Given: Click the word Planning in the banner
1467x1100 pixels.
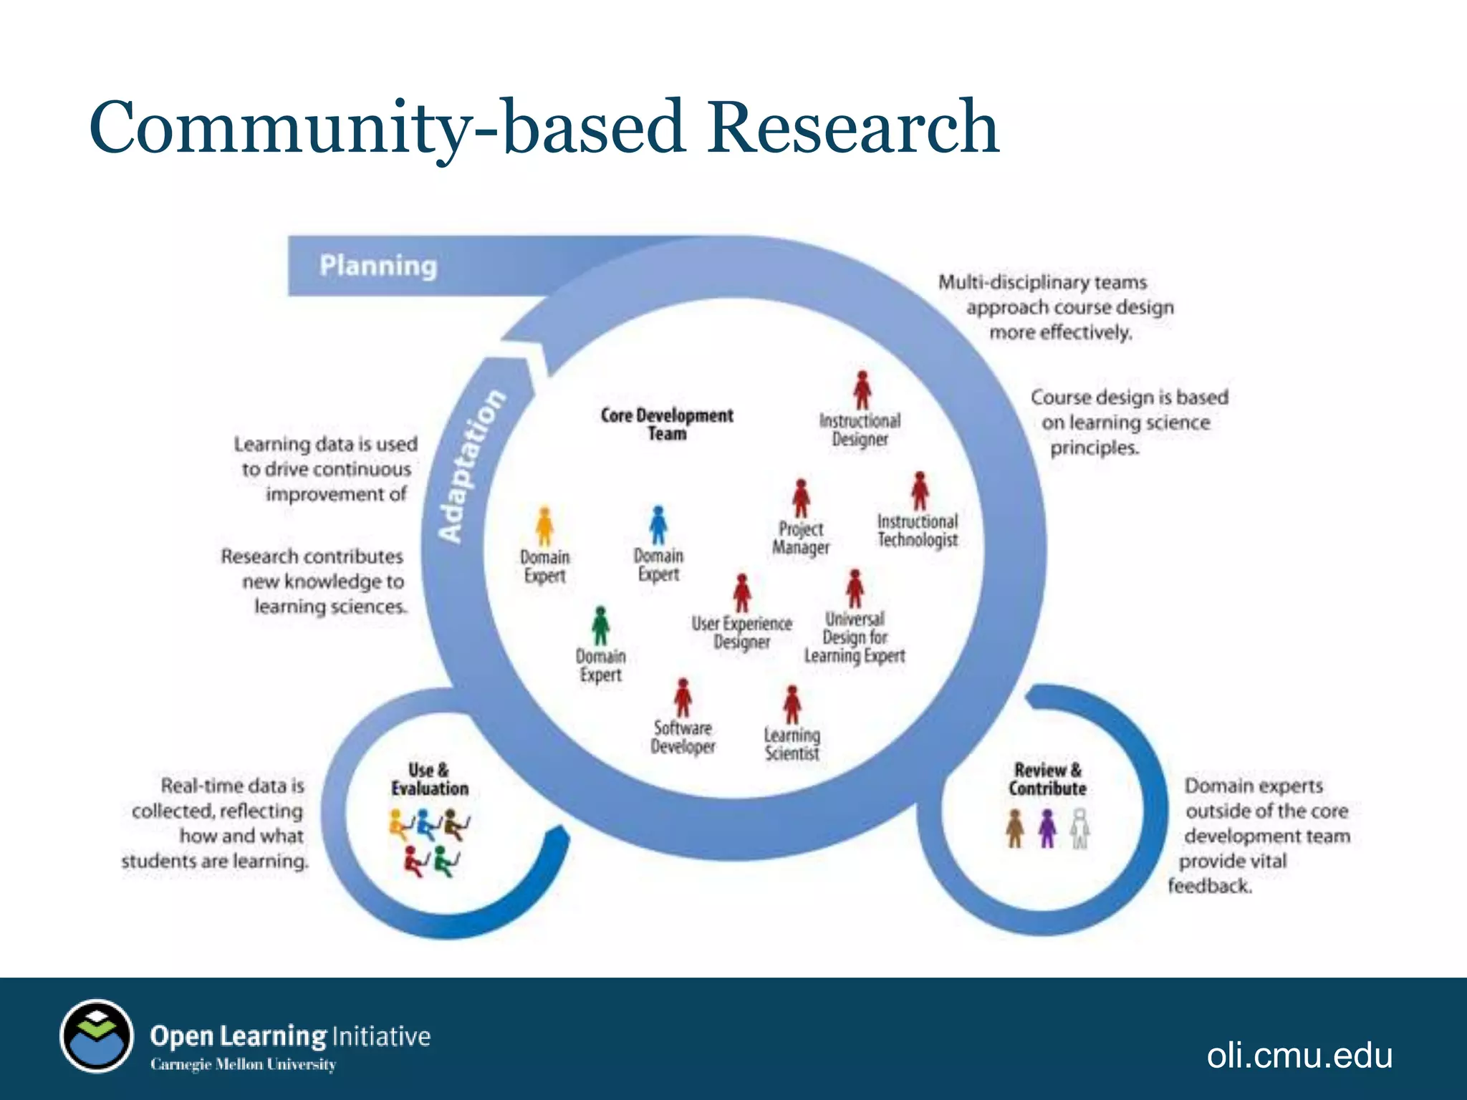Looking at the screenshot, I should point(377,266).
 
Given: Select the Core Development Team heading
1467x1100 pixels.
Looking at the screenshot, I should point(667,424).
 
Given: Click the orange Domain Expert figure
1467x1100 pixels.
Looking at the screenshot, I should point(545,526).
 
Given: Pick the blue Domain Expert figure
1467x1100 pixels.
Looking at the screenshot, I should point(658,525).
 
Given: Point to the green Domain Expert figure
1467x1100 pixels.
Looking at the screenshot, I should point(600,626).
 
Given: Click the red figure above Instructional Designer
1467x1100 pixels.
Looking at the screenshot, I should point(862,390).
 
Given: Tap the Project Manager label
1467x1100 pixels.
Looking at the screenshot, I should point(801,538).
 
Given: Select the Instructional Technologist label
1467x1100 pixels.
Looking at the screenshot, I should point(918,531).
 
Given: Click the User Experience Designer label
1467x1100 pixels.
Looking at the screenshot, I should point(741,632).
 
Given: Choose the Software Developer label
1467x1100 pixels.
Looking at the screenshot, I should point(683,737).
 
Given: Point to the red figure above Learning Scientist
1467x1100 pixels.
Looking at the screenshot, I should point(792,705).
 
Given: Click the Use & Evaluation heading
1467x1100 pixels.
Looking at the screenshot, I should point(429,779).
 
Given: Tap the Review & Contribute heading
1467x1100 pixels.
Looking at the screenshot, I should point(1047,779).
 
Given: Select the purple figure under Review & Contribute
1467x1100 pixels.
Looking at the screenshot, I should point(1047,829).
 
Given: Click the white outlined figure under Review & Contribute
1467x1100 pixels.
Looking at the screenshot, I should point(1080,829).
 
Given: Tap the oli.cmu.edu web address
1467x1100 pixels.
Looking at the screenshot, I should point(1299,1055).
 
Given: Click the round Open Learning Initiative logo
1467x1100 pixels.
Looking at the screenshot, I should point(97,1036).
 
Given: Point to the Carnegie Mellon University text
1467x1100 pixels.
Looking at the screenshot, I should point(243,1064).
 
